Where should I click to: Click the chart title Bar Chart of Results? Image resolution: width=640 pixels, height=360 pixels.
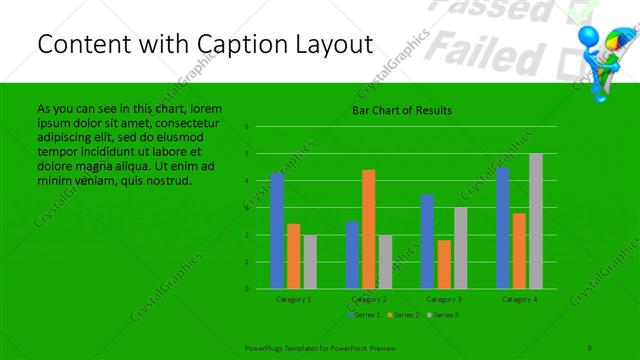[x=401, y=110]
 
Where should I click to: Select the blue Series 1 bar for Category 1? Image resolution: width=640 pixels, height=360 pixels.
[x=277, y=230]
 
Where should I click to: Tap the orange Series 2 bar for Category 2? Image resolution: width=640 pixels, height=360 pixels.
[x=369, y=229]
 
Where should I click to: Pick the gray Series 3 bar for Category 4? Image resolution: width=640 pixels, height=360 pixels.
[x=536, y=221]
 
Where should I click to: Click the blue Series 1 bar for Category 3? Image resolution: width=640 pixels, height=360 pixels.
[x=427, y=241]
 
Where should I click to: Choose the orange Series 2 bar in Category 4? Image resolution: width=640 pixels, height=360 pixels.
[x=519, y=251]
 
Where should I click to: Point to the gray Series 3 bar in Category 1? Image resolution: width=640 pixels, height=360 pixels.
[x=310, y=262]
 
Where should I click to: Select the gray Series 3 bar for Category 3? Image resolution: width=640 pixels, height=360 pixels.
[x=460, y=248]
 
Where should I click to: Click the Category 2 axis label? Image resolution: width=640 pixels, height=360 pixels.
[x=369, y=299]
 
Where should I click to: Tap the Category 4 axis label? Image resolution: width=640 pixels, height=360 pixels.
[x=519, y=299]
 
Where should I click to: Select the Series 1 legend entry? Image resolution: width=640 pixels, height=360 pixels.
[x=363, y=315]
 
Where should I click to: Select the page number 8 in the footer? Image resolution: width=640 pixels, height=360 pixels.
[x=590, y=345]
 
